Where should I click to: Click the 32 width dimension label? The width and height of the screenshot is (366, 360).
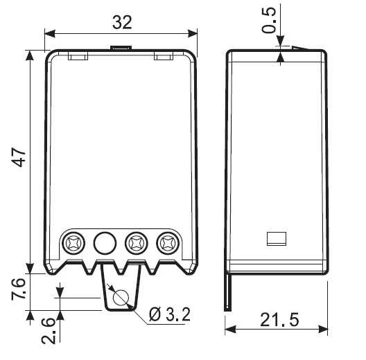(122, 22)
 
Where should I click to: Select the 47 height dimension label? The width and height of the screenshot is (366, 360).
(19, 158)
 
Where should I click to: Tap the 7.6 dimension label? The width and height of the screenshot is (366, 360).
(18, 289)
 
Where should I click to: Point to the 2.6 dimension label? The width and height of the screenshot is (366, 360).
(49, 331)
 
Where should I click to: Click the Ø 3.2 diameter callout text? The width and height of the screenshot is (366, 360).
(170, 314)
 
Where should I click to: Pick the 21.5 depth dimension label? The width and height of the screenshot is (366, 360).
(279, 320)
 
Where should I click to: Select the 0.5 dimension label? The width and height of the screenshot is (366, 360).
(269, 21)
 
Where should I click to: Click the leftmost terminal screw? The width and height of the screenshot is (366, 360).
(73, 243)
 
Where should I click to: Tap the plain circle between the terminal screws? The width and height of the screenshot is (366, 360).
(105, 243)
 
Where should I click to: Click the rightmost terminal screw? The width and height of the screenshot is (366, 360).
(168, 243)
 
